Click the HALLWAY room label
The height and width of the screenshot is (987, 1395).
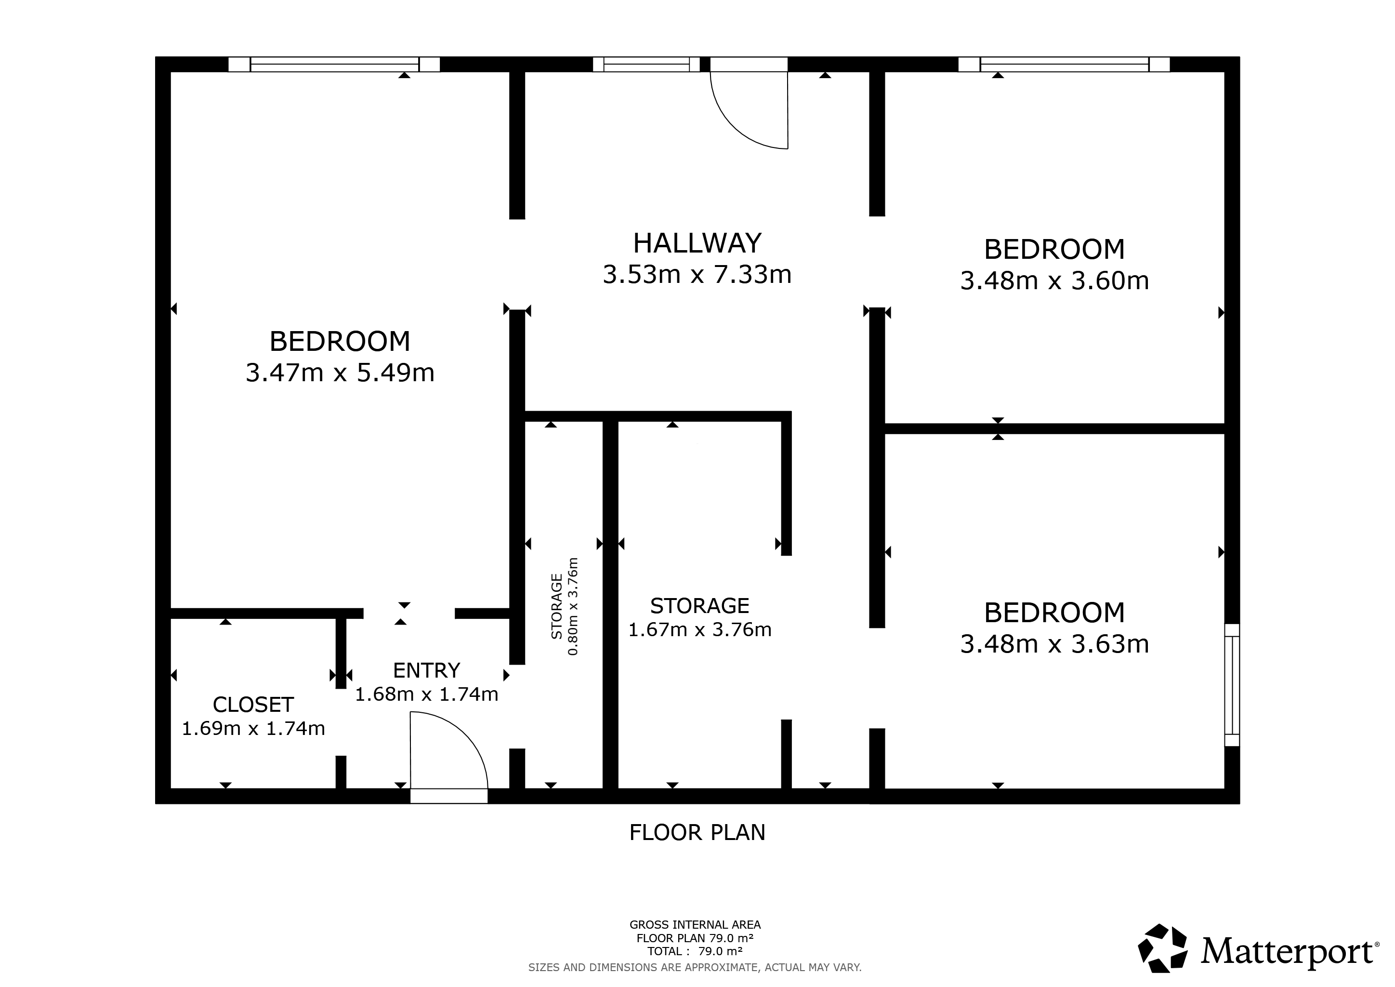[697, 243]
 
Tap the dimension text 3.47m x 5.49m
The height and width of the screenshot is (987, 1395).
[340, 373]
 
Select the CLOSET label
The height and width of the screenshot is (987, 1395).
[253, 705]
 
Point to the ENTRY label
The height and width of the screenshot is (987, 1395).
[426, 670]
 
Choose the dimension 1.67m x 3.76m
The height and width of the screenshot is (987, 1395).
[700, 629]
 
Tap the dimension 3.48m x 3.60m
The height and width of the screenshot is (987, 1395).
[1055, 281]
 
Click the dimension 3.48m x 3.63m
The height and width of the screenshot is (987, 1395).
[1055, 643]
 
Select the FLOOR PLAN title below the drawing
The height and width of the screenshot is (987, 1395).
[697, 832]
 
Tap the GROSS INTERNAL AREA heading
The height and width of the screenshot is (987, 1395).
[695, 924]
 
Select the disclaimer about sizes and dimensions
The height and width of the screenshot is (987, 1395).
[695, 967]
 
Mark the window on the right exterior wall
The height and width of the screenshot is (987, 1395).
[1232, 685]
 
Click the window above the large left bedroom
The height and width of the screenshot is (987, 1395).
[334, 64]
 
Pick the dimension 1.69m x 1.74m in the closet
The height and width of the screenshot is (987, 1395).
[253, 728]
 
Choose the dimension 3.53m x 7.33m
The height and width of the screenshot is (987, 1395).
[697, 275]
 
